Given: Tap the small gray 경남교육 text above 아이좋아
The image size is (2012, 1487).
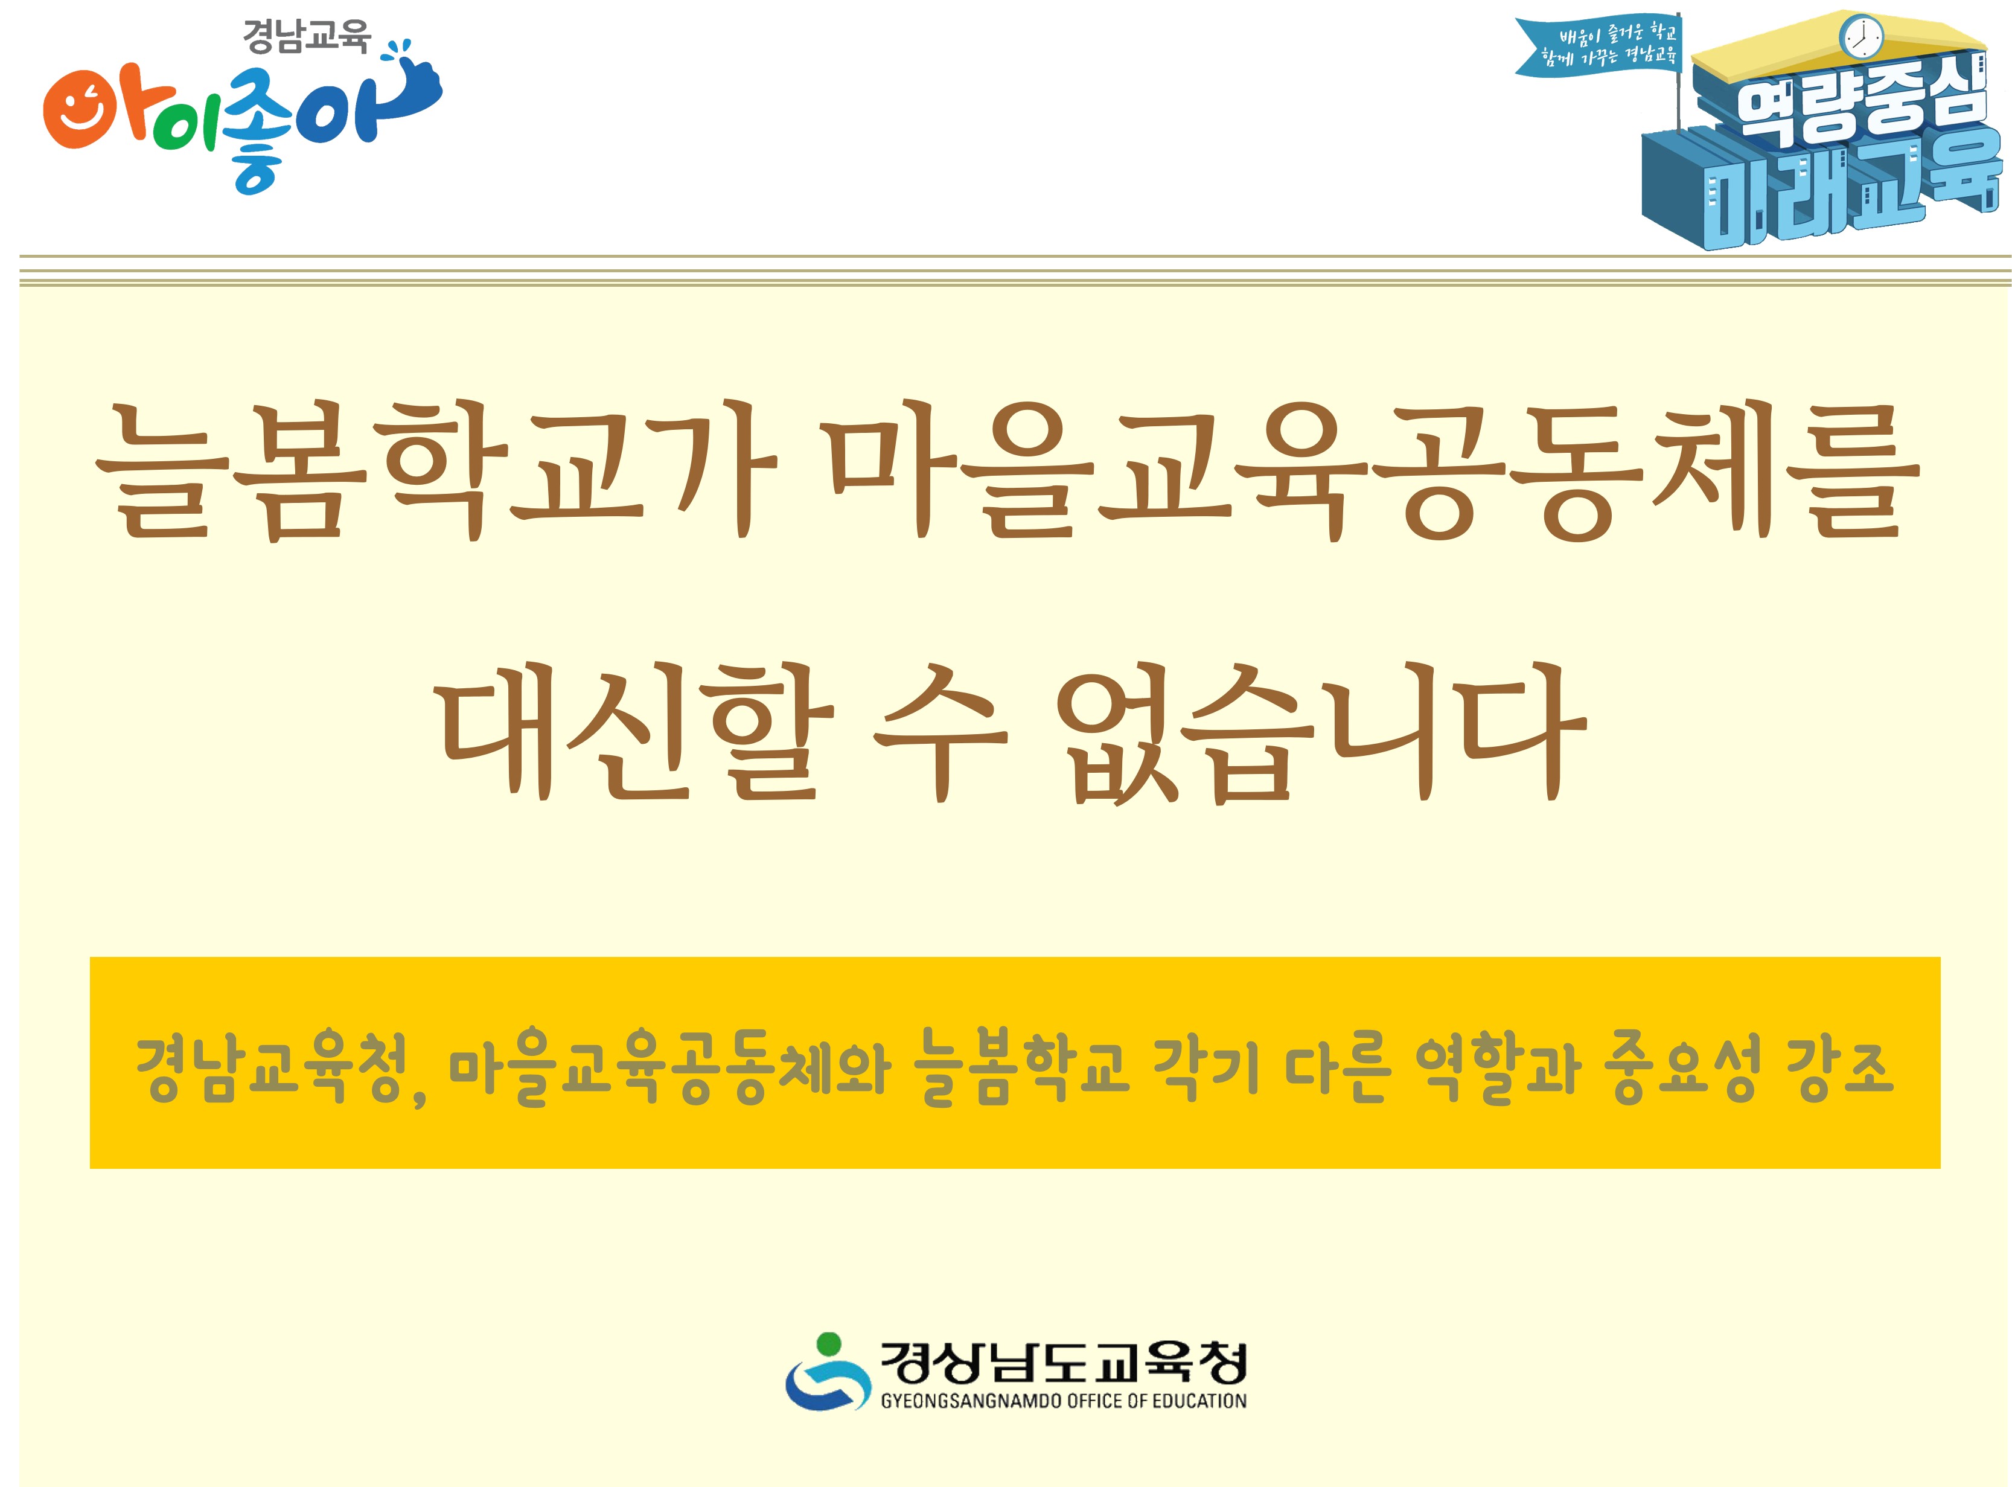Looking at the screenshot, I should point(306,38).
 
